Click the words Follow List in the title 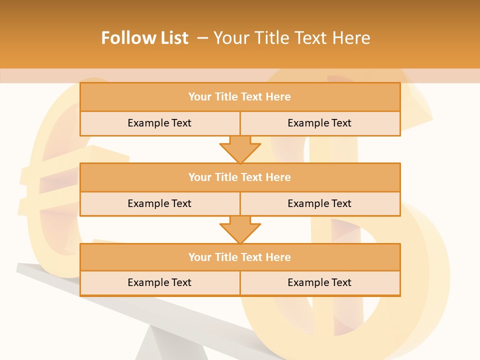point(144,38)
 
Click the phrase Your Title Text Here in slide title point(291,38)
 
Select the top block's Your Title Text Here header point(239,97)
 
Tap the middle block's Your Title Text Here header point(239,177)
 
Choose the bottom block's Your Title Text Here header point(239,257)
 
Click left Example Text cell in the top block point(159,123)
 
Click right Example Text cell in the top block point(319,123)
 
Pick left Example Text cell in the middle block point(159,203)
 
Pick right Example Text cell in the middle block point(319,203)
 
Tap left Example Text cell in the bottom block point(159,282)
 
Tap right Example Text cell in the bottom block point(319,282)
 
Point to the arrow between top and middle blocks point(240,149)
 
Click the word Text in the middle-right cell point(341,203)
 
